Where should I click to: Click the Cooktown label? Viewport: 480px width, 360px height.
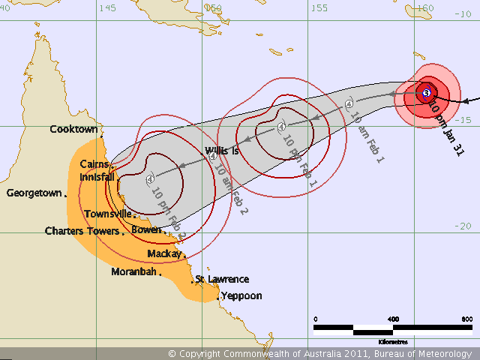click(x=73, y=129)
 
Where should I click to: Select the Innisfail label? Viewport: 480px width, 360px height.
click(x=97, y=177)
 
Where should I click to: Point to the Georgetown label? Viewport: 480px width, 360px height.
click(x=34, y=193)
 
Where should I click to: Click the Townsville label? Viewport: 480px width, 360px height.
click(x=108, y=214)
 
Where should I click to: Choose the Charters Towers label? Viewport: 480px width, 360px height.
click(x=82, y=231)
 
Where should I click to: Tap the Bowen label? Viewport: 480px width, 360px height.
click(x=146, y=229)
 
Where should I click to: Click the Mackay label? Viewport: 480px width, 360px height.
click(x=163, y=253)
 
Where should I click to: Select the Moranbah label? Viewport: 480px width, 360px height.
click(x=133, y=271)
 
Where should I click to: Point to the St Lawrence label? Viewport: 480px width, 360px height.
click(x=222, y=279)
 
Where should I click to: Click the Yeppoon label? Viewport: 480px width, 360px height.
click(x=241, y=295)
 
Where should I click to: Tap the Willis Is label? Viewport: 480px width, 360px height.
click(x=222, y=151)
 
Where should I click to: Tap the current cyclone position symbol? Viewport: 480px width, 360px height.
click(x=426, y=93)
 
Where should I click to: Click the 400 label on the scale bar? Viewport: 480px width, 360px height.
click(x=393, y=319)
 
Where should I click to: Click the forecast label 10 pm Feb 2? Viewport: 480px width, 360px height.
click(x=169, y=212)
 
